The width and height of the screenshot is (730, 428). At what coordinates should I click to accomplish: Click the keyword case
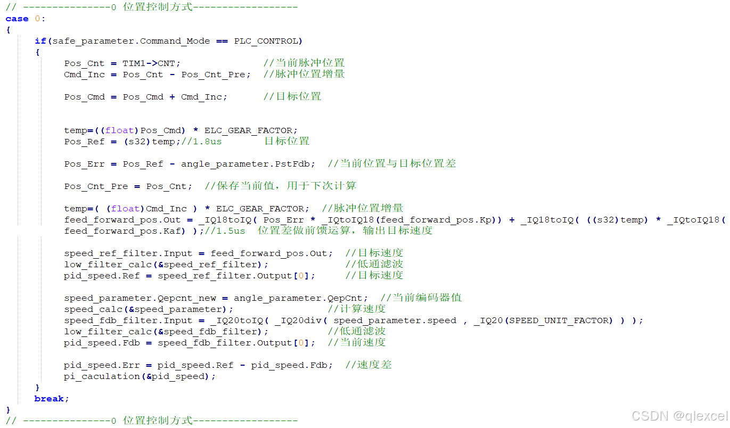(x=17, y=19)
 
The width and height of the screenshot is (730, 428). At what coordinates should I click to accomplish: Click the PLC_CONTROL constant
(x=268, y=41)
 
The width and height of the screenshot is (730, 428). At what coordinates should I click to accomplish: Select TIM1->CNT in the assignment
(x=152, y=63)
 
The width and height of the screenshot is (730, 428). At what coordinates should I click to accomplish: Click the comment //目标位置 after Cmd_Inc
(x=292, y=97)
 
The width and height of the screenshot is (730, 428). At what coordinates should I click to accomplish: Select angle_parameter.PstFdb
(x=248, y=164)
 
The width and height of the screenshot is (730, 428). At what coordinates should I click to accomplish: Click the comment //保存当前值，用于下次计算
(x=280, y=186)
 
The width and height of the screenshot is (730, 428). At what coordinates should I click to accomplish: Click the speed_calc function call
(x=87, y=309)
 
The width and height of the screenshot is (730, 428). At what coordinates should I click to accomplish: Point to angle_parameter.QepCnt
(x=301, y=298)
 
